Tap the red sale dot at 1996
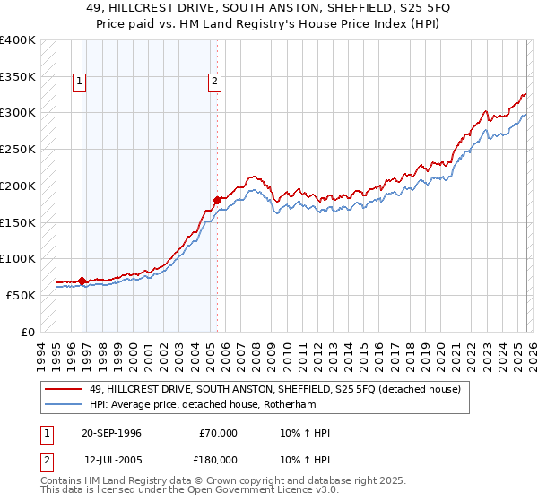82,281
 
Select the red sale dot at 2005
217,200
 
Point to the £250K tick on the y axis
18,149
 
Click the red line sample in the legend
64,389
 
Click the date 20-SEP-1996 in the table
111,433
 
